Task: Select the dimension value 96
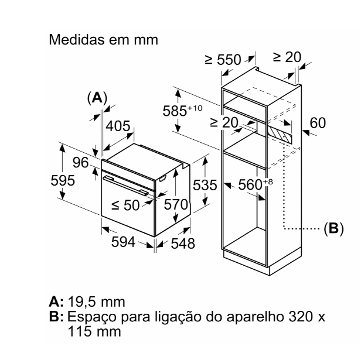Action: tap(80, 162)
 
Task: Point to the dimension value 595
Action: tap(62, 180)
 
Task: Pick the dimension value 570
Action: tap(175, 205)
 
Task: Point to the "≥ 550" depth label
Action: tap(223, 60)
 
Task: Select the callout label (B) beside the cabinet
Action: tap(333, 228)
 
